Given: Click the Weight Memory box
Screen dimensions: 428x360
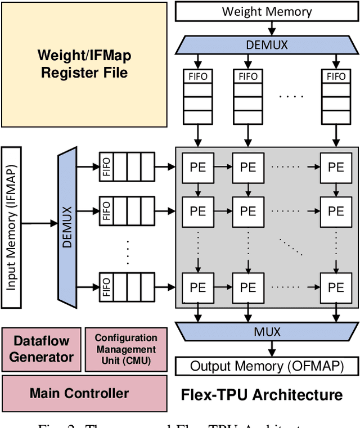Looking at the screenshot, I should point(267,11).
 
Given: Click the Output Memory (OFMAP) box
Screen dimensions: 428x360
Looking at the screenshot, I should point(267,367).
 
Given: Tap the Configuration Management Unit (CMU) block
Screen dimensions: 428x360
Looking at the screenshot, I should point(125,349).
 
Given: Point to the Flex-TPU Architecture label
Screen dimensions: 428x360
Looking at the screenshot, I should point(261,394).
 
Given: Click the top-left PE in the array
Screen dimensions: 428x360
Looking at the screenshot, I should point(197,167).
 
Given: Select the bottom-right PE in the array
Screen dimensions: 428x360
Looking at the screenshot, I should point(336,287).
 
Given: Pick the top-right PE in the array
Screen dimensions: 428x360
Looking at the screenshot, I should point(336,167).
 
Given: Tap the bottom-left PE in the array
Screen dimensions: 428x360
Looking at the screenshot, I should point(197,287).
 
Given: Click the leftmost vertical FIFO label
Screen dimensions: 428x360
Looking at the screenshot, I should point(197,76).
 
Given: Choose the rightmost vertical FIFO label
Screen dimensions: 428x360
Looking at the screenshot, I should point(336,76).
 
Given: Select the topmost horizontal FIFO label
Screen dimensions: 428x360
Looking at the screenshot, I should point(106,167).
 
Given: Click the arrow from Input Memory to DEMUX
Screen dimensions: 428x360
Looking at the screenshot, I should point(39,224).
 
